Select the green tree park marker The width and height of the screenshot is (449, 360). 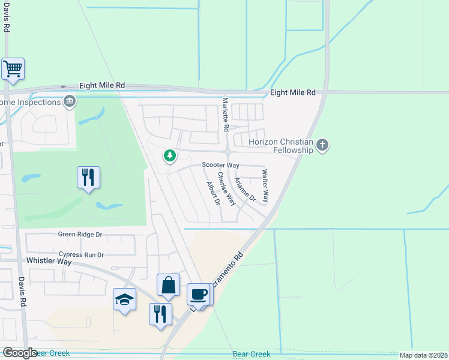point(170,156)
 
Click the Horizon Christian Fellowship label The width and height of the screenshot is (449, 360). point(282,145)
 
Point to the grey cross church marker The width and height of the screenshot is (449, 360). point(323,145)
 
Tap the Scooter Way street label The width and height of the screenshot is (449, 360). point(220,165)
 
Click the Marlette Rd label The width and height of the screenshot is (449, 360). point(226,115)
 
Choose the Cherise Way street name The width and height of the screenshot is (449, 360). point(227,188)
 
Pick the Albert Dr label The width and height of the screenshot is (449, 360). point(214,193)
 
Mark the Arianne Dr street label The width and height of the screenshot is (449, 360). point(245,189)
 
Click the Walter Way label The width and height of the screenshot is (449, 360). point(265,185)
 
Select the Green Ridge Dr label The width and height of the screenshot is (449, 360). point(80,234)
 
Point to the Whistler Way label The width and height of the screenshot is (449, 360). point(49,261)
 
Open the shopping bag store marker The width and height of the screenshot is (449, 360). point(169,286)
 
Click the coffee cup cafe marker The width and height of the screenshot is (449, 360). point(199,295)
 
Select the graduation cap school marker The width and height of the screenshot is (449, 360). point(124,299)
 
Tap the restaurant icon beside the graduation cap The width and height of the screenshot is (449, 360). point(160,314)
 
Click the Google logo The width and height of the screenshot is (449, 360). point(19,353)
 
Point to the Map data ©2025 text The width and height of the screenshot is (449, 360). point(423,355)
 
